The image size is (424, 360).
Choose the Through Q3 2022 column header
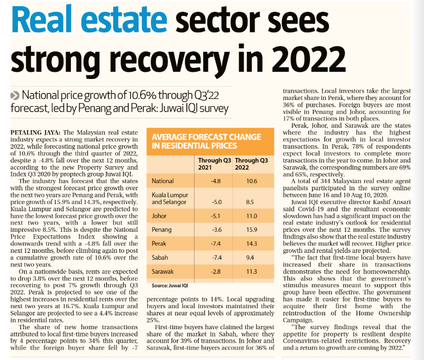pos(252,164)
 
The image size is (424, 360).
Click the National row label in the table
pos(163,181)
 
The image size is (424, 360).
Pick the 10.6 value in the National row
pos(252,181)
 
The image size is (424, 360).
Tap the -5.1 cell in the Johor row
pos(217,216)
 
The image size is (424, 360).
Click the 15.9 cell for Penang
pos(252,234)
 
